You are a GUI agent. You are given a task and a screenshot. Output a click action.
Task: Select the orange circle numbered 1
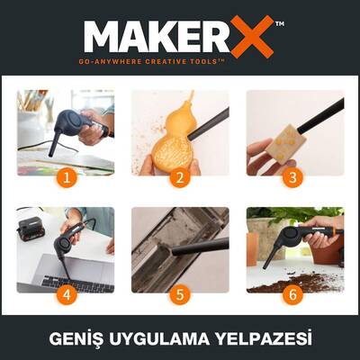coord(65,176)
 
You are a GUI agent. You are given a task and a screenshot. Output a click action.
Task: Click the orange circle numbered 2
coord(179,176)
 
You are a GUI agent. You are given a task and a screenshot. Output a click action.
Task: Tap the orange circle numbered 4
coord(65,293)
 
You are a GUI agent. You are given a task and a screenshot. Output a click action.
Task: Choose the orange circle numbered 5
coord(179,293)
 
